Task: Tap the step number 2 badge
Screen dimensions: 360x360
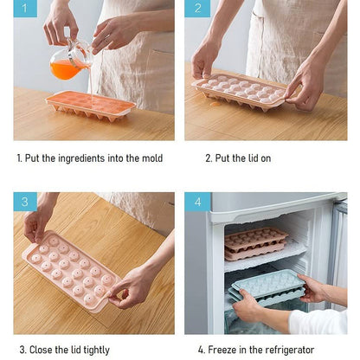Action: pos(197,10)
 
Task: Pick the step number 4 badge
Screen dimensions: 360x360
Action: pos(197,202)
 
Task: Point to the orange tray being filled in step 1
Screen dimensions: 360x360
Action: pos(90,104)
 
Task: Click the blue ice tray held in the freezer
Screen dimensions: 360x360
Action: pos(267,286)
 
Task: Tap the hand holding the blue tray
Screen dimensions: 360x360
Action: pos(247,305)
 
